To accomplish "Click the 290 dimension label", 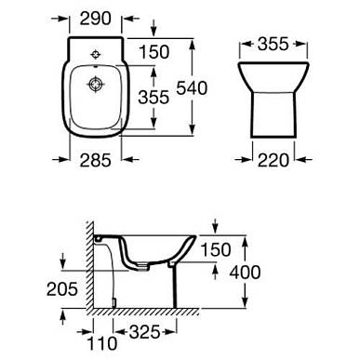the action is click(96, 19).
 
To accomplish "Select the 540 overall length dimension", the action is click(192, 88).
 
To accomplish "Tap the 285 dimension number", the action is click(95, 160).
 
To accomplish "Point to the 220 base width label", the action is click(273, 160).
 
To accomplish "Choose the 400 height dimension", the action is click(245, 273).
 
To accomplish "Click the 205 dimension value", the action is click(62, 289).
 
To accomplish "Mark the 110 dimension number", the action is click(102, 343).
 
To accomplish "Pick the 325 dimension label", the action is click(144, 332).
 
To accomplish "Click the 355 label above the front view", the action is click(273, 44).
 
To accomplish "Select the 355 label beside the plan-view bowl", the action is click(153, 97).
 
